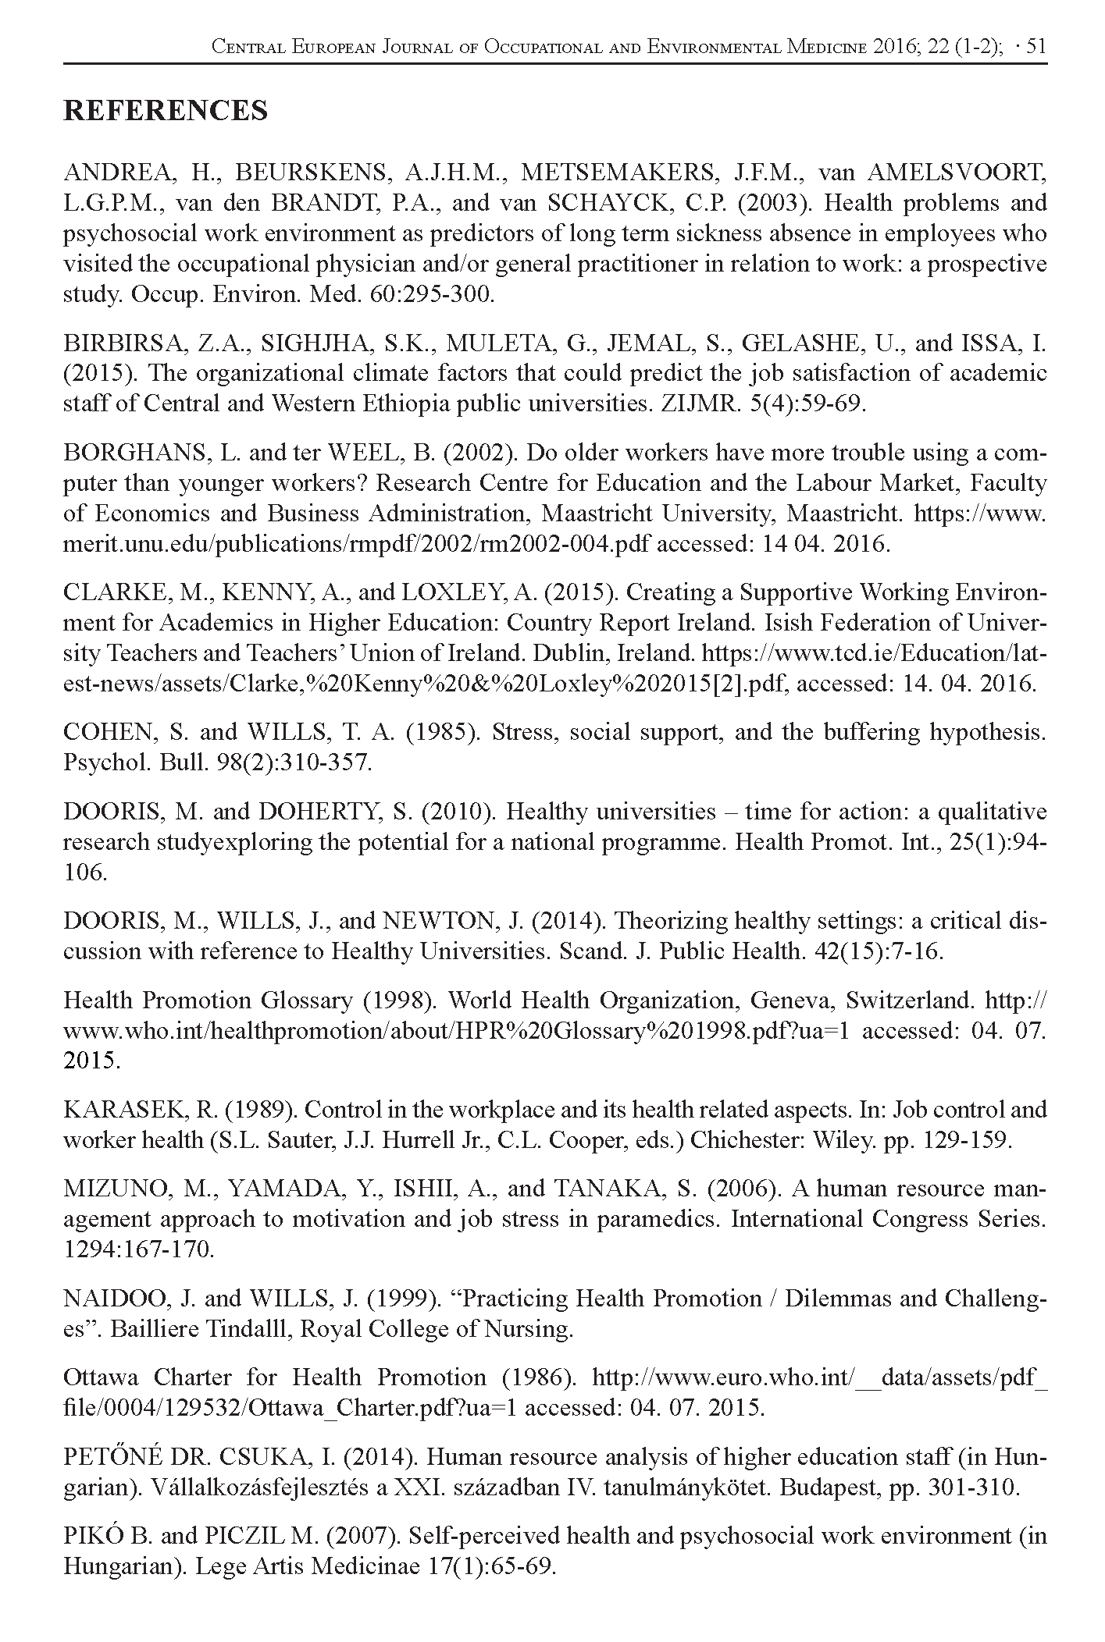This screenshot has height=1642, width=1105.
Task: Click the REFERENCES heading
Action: [165, 111]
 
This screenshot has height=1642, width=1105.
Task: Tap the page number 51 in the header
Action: [1035, 47]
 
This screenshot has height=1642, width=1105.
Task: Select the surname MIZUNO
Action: [114, 1189]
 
